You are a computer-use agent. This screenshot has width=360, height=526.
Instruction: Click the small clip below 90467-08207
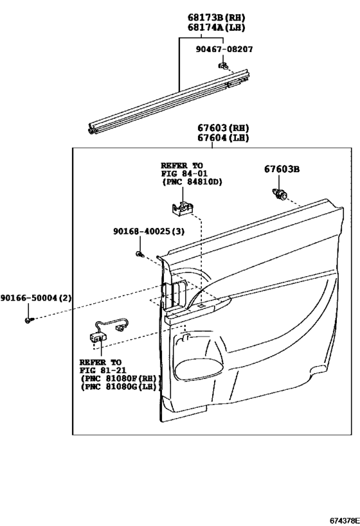(223, 64)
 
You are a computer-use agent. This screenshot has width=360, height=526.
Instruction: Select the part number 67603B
(282, 169)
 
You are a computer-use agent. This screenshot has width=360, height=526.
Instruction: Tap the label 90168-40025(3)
(147, 232)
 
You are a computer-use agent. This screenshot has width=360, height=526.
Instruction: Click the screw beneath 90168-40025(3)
(139, 255)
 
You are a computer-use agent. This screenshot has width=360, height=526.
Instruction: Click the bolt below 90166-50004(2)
(28, 319)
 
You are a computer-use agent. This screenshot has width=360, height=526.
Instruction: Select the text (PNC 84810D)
(191, 182)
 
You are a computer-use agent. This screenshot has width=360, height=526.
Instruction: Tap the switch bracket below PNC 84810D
(183, 207)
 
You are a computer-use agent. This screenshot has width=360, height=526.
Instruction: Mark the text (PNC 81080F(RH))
(118, 379)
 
